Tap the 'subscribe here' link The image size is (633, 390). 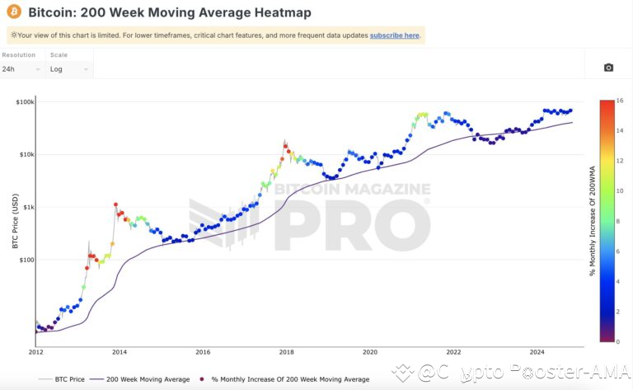pos(395,35)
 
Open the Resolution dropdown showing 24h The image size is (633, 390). pos(21,69)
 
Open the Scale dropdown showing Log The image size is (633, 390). pos(68,69)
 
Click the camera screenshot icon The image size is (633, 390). pos(608,68)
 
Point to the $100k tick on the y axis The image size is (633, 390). pos(23,101)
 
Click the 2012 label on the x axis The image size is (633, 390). pos(36,352)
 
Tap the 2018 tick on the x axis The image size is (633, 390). pos(286,352)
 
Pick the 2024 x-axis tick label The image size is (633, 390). pos(537,352)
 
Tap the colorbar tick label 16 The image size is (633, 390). pos(619,100)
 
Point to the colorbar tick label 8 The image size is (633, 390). pos(618,221)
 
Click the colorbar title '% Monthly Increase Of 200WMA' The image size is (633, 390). pos(592,221)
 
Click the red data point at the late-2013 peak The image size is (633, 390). pos(116,204)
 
